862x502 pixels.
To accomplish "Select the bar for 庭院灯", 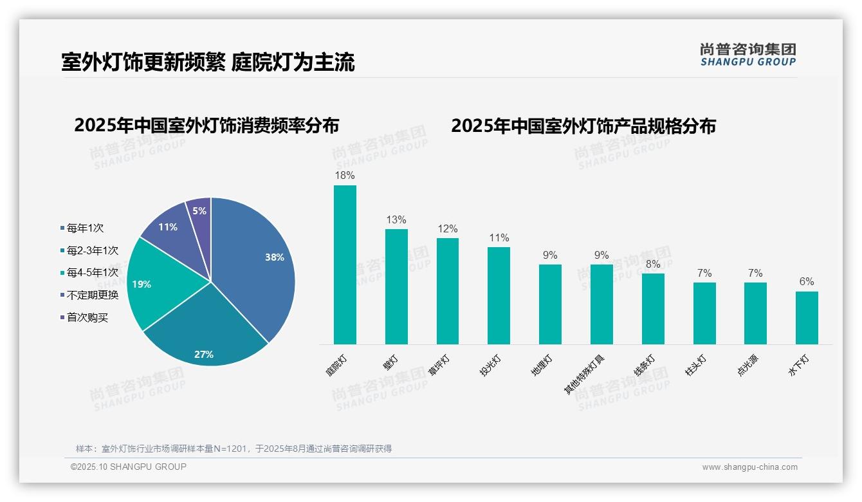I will (345, 265).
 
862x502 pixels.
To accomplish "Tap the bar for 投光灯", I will (499, 295).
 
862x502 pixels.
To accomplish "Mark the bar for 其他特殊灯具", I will (601, 304).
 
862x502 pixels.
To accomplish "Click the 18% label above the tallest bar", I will (345, 175).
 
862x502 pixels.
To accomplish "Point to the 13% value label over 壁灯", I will (396, 219).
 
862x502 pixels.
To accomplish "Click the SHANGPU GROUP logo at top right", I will (747, 54).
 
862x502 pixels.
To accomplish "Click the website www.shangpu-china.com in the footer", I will (749, 467).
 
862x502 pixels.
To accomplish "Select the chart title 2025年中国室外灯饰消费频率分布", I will (206, 126).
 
